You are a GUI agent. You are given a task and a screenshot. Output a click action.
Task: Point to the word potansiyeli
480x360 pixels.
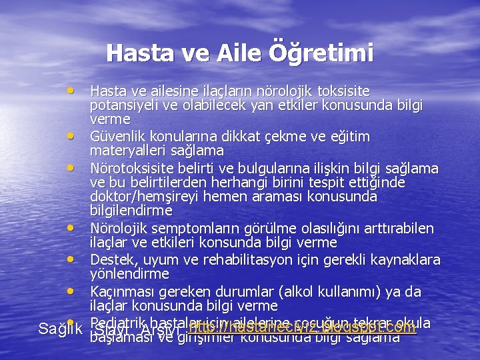[125, 105]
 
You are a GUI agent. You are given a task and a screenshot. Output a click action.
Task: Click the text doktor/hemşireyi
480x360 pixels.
[139, 197]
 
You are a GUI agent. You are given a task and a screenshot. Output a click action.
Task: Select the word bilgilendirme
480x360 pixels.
[131, 211]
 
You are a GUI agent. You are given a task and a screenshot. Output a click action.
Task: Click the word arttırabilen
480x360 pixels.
[398, 229]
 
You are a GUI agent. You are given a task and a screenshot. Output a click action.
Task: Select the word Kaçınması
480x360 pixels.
[121, 292]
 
